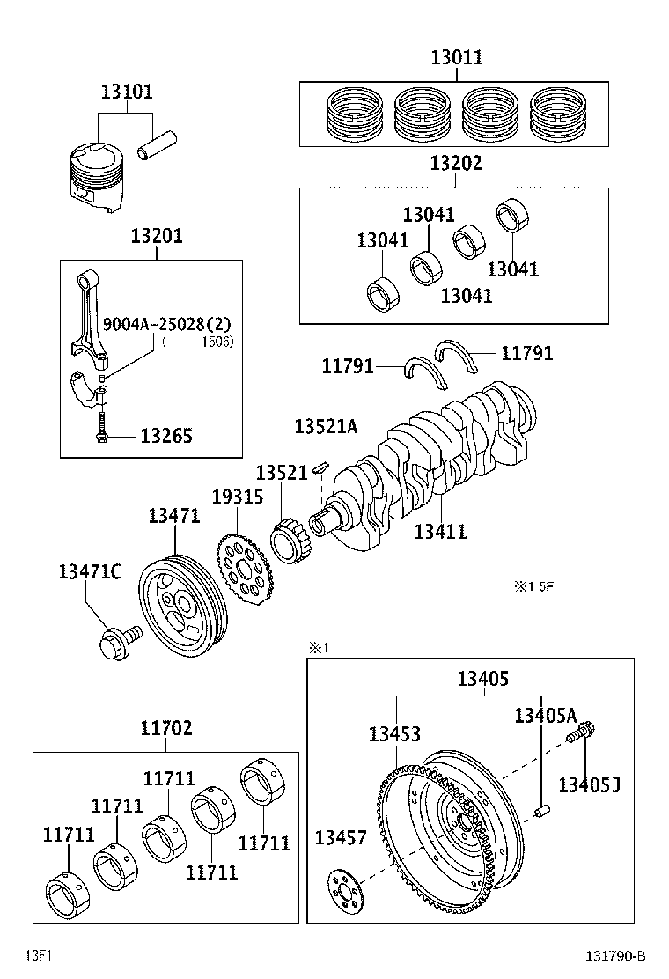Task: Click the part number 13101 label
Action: [x=126, y=92]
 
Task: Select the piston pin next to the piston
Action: [x=158, y=145]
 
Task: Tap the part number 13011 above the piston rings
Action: [x=457, y=58]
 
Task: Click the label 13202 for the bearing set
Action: [x=456, y=164]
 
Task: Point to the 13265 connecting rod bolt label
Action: [x=165, y=436]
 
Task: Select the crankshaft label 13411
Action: [x=440, y=531]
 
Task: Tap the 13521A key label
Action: [x=326, y=427]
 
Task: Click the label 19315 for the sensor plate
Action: [x=237, y=497]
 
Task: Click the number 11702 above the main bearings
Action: [x=165, y=729]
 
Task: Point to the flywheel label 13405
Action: [x=482, y=679]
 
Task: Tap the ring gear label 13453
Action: [x=393, y=734]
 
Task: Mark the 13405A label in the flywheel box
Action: [x=546, y=716]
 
